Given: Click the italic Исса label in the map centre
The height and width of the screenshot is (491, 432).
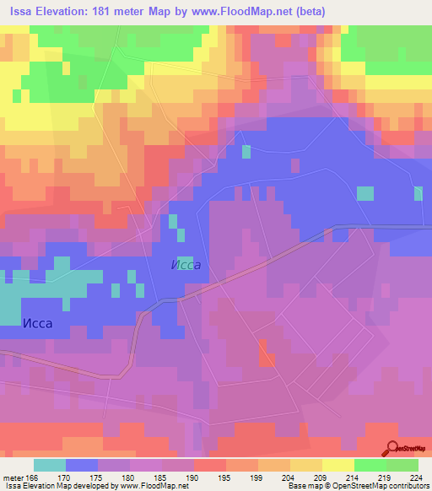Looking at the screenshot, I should click(x=185, y=265).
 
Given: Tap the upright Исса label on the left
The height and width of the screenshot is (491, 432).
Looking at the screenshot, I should click(x=38, y=323).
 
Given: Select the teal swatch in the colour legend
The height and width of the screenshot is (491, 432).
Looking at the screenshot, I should click(x=50, y=465).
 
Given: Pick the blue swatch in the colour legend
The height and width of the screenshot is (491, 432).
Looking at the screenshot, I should click(x=82, y=465).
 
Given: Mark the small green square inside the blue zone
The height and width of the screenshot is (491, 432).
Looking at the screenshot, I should click(x=246, y=152).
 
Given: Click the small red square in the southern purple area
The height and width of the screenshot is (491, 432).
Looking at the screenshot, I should click(x=267, y=359).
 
